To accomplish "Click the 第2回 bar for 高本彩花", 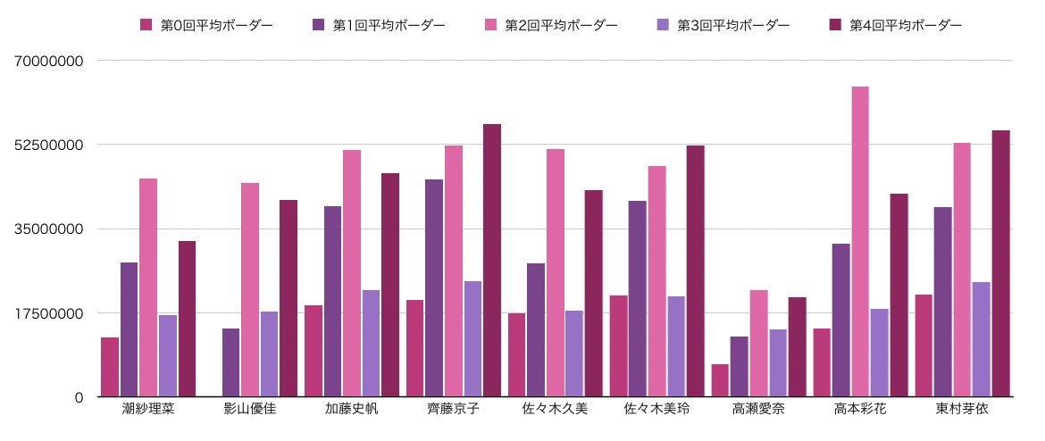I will point(860,241).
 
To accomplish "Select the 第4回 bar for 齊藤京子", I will point(492,260).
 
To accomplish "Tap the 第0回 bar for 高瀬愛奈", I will point(720,380).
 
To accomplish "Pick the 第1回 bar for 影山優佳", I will point(230,362).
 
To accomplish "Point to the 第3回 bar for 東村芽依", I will point(981,339).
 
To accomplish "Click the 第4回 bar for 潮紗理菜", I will point(187,319).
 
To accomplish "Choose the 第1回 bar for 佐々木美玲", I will point(637,298).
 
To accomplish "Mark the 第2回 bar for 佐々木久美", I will point(556,272).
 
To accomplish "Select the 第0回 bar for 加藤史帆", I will point(313,351).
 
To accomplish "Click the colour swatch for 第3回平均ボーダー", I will point(665,26).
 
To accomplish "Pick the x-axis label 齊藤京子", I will point(453,410).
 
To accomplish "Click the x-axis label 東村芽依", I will point(962,410).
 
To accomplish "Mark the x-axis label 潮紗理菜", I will point(148,410).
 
